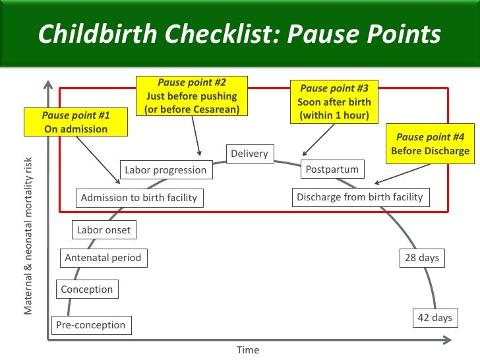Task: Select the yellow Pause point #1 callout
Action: tap(76, 123)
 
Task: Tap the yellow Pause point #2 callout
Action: tap(192, 96)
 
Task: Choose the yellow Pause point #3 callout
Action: tap(334, 102)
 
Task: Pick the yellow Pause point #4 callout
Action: tap(430, 144)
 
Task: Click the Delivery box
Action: tap(249, 154)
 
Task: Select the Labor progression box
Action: tap(165, 170)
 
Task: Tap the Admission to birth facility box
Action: tap(138, 197)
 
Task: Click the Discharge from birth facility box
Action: tap(359, 196)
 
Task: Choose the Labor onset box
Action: tap(104, 230)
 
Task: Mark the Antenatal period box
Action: tap(103, 258)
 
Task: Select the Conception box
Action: tap(86, 289)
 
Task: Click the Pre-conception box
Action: tap(90, 324)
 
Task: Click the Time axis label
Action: tap(248, 350)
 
